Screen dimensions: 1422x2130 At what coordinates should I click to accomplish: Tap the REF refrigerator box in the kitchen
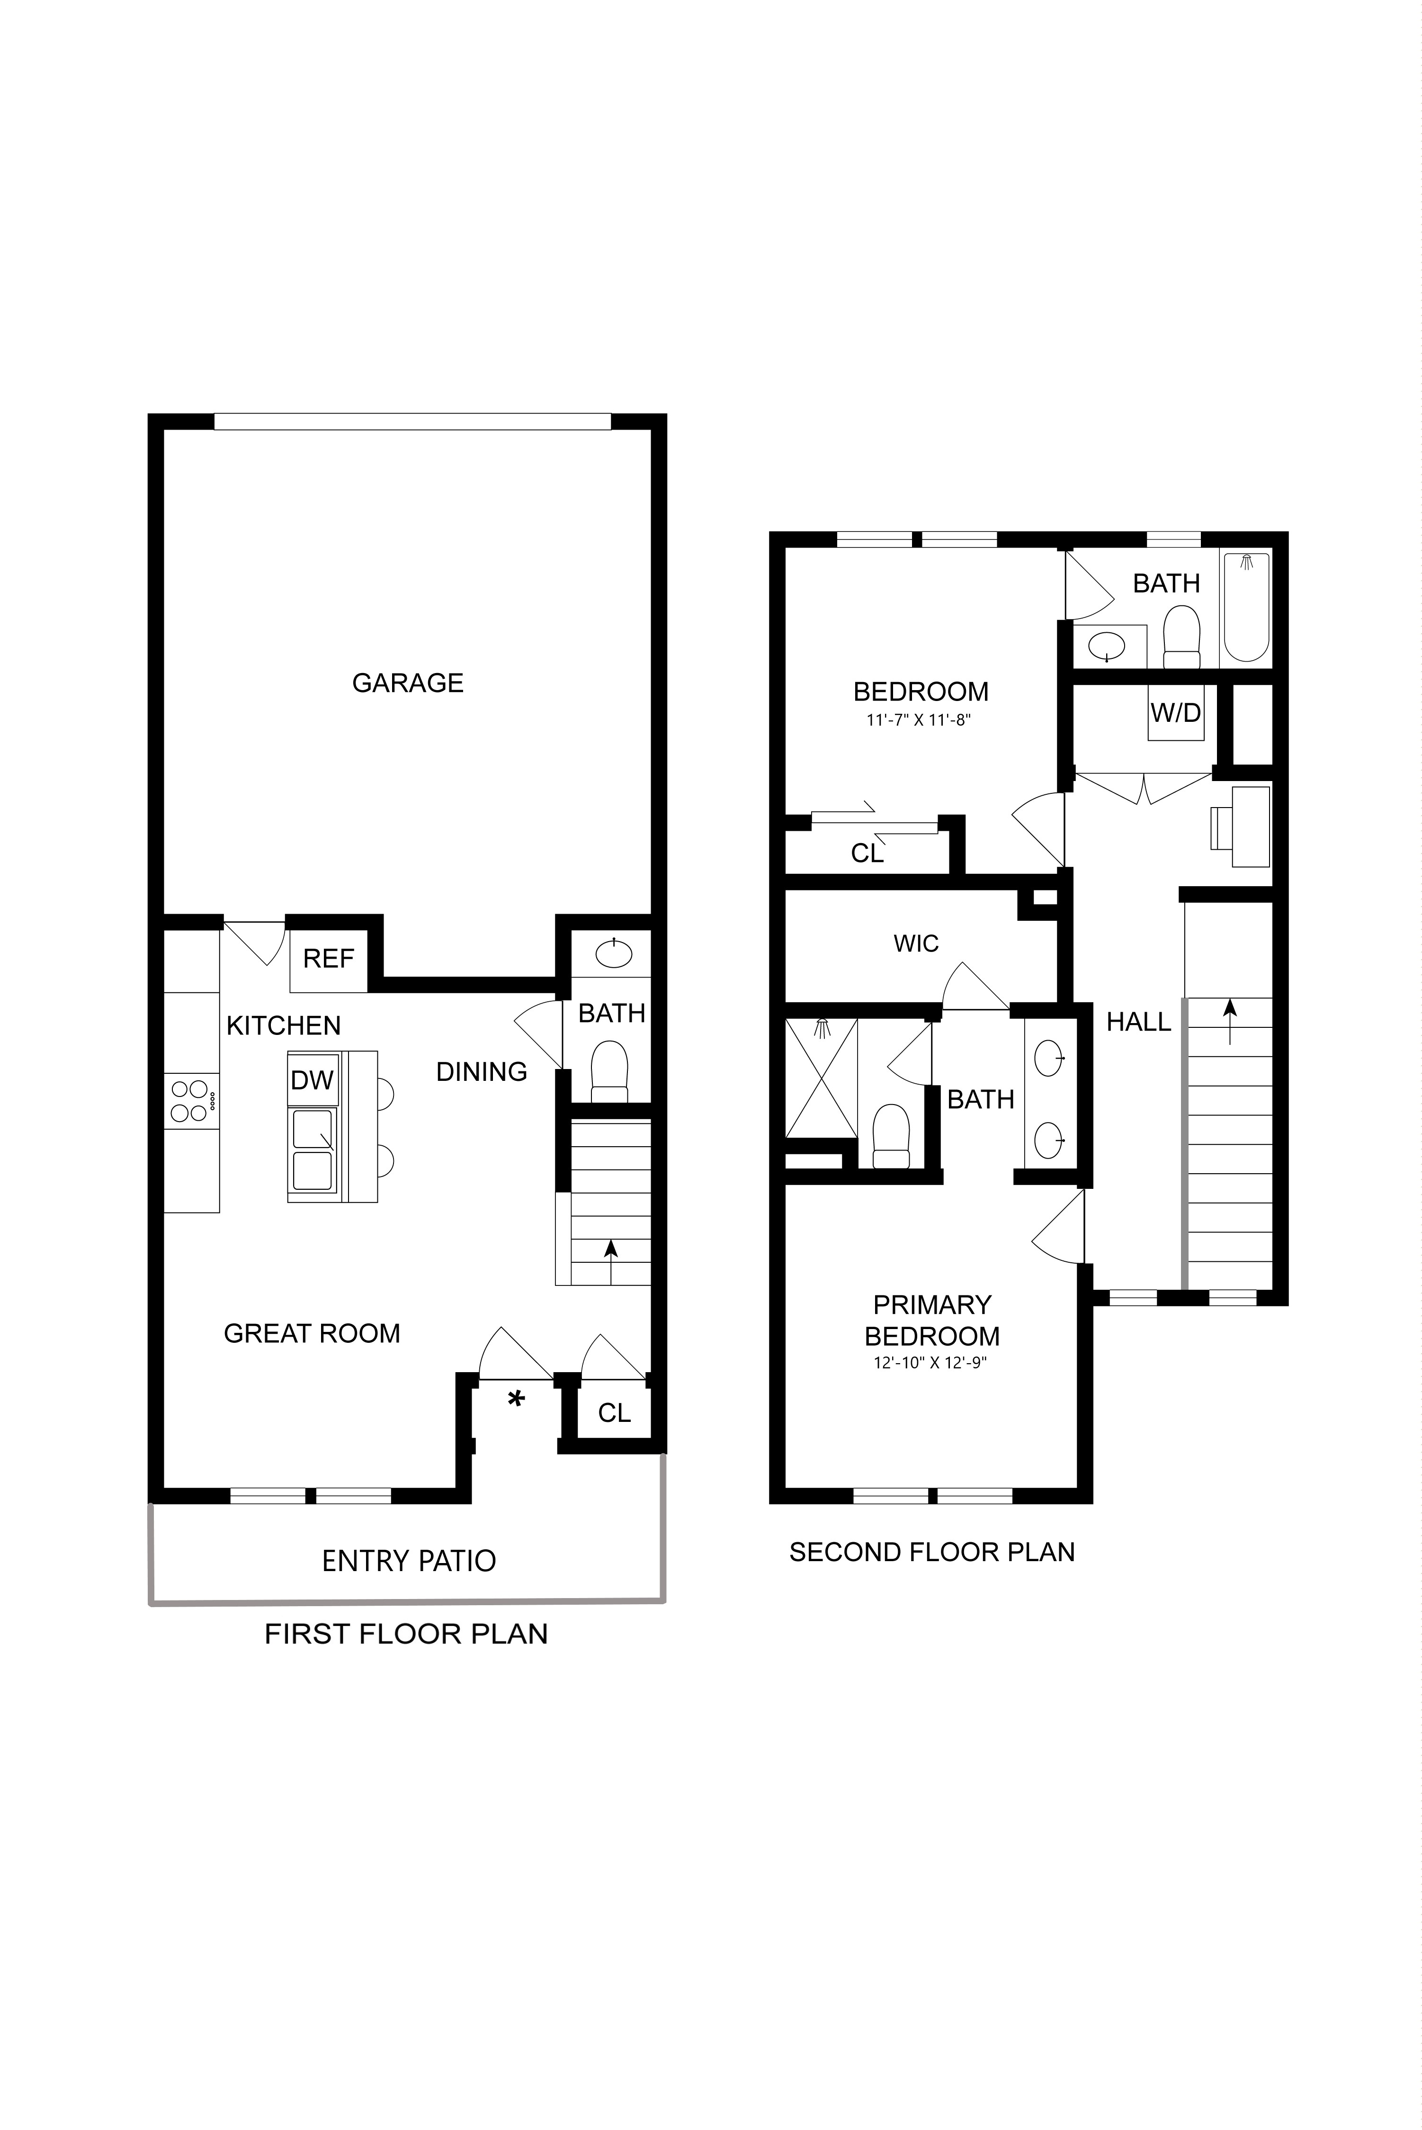pyautogui.click(x=328, y=960)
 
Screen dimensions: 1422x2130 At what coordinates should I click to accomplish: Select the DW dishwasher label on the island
pyautogui.click(x=312, y=1079)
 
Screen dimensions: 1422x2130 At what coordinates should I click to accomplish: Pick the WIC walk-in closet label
pyautogui.click(x=916, y=944)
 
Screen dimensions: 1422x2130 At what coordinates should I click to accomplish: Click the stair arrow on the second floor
pyautogui.click(x=1230, y=1022)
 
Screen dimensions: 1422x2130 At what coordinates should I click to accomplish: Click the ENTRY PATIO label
pyautogui.click(x=409, y=1561)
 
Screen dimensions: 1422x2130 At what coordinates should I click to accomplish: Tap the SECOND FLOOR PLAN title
pyautogui.click(x=932, y=1552)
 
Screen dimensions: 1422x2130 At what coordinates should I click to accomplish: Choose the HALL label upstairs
pyautogui.click(x=1139, y=1022)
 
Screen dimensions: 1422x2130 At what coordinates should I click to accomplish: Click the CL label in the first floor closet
pyautogui.click(x=614, y=1412)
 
